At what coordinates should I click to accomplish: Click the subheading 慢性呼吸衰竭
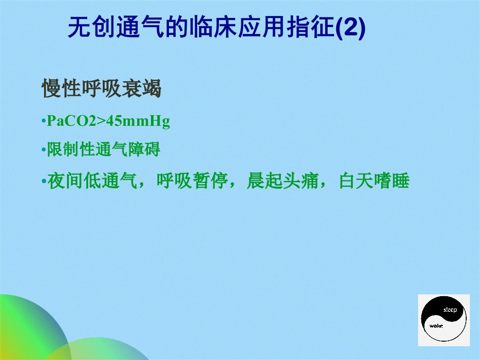(101, 89)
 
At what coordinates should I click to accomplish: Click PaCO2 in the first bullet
(71, 121)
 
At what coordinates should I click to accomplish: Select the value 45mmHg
(138, 122)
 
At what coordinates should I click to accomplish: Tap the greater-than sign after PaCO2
(101, 121)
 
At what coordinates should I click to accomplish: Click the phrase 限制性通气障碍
(103, 149)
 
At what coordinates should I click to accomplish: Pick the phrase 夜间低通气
(92, 180)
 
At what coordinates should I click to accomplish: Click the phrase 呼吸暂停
(192, 180)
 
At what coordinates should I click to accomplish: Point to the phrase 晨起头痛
(283, 180)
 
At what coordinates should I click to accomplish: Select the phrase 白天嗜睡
(374, 180)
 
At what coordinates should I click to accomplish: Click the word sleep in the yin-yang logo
(450, 310)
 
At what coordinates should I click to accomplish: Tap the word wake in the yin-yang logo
(436, 326)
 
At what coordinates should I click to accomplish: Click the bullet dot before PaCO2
(44, 122)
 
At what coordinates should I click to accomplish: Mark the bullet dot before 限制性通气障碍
(44, 150)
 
